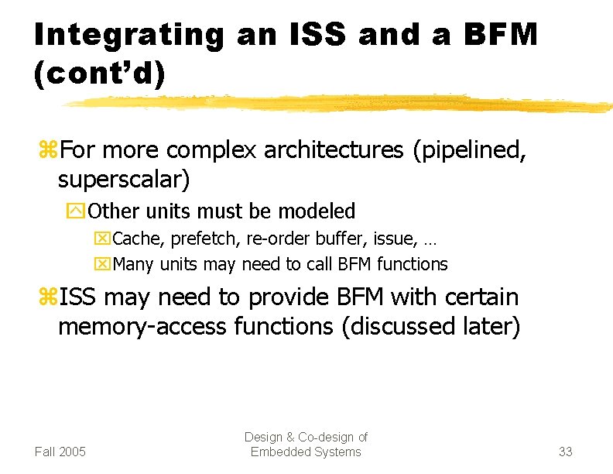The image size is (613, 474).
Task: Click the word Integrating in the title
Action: (128, 35)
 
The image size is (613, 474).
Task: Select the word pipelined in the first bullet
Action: (470, 149)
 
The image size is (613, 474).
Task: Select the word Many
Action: (133, 264)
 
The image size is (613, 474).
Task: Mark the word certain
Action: (481, 297)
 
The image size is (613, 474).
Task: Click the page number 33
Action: (565, 452)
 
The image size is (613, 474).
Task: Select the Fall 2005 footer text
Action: (60, 452)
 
